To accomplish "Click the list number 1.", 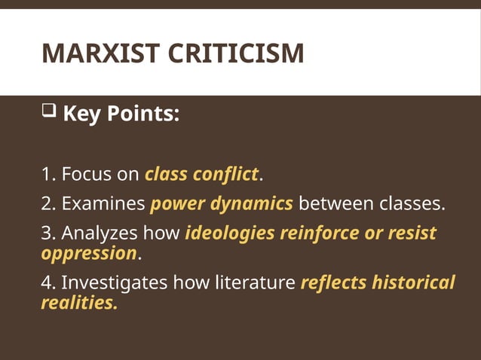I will (47, 175).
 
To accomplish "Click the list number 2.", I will (47, 203).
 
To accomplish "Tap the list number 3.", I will (47, 233).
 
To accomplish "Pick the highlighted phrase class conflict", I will (201, 175).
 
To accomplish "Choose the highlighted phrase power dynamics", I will (222, 203).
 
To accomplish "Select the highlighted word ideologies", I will (230, 233).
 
